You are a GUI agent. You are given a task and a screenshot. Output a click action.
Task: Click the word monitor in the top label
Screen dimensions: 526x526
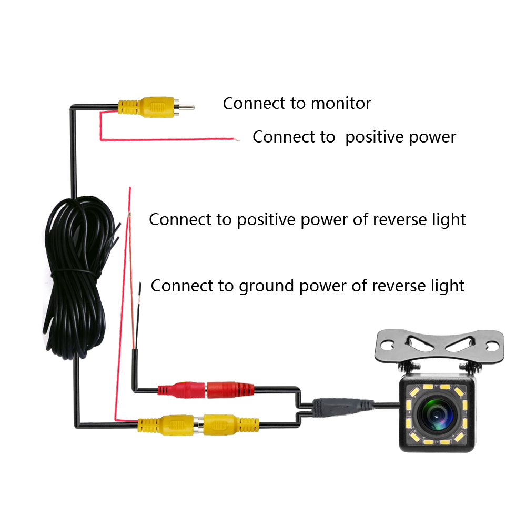[341, 103]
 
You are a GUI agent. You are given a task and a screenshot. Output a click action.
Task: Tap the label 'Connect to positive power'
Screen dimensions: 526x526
[354, 137]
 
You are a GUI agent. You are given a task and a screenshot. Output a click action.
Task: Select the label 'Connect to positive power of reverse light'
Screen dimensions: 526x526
[307, 219]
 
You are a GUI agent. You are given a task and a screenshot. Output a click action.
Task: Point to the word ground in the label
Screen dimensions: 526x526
[266, 286]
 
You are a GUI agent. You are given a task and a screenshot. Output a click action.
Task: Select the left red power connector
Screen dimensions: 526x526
[181, 390]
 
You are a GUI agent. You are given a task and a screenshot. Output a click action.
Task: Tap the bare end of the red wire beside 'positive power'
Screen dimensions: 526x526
[237, 140]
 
